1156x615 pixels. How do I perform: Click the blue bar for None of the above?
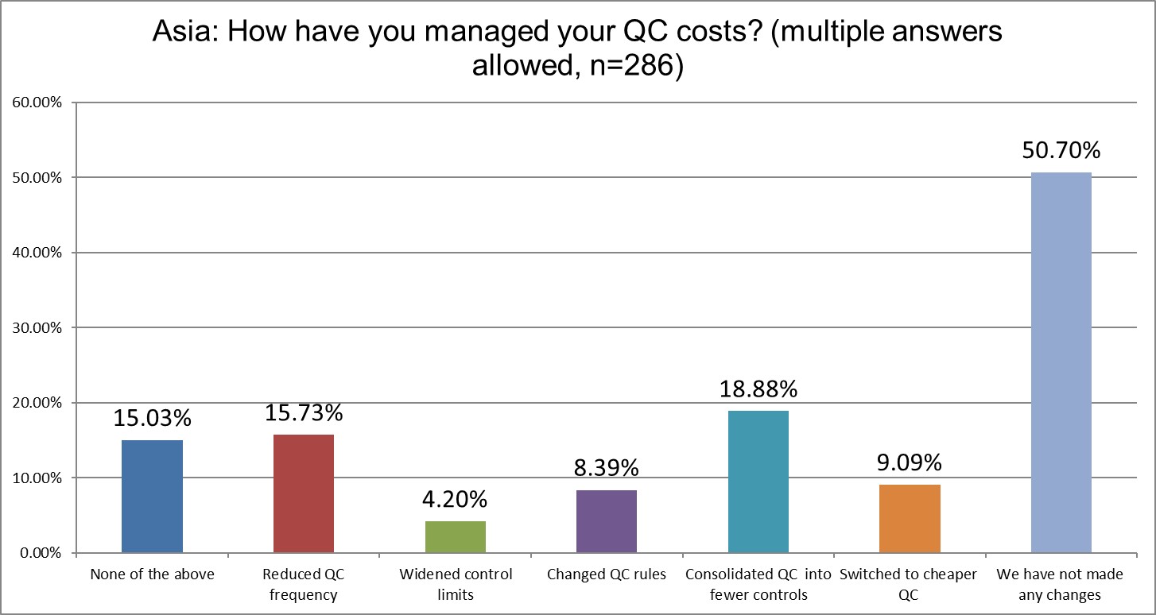[x=152, y=496]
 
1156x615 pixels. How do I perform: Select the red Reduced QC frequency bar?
[x=304, y=493]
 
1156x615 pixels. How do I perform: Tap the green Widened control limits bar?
[x=456, y=536]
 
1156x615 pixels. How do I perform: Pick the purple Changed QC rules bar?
[x=607, y=521]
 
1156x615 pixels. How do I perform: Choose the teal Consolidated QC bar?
[x=758, y=482]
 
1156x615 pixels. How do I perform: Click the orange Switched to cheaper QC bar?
[x=910, y=518]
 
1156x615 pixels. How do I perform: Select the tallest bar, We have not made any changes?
[x=1061, y=362]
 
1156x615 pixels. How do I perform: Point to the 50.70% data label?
[x=1061, y=149]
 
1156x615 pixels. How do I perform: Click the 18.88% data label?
[x=758, y=389]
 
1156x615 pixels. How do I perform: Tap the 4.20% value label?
[x=456, y=499]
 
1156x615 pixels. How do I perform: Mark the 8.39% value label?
[x=607, y=467]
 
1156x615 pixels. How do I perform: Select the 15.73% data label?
[x=304, y=412]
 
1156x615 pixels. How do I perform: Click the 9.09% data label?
[x=910, y=462]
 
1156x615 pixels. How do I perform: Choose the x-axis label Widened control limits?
[x=456, y=583]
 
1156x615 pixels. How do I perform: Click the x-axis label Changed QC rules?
[x=607, y=574]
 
